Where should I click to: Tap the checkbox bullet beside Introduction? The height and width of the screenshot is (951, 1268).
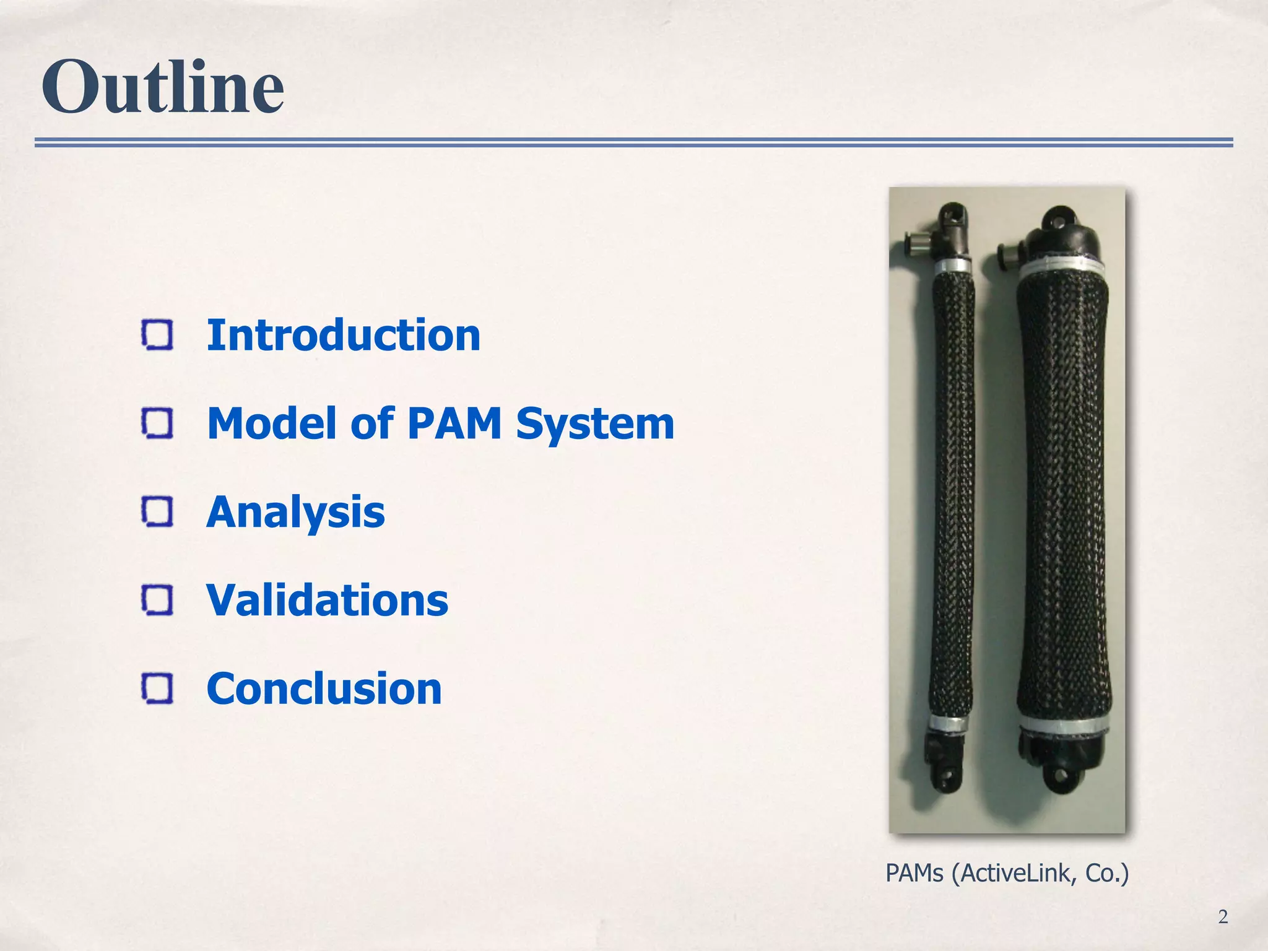tap(157, 335)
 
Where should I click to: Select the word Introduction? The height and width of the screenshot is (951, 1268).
tap(343, 335)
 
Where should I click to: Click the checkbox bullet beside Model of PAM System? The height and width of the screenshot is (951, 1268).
tap(157, 423)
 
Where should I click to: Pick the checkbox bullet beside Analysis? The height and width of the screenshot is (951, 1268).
tap(157, 512)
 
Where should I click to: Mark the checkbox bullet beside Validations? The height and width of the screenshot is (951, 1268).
tap(157, 600)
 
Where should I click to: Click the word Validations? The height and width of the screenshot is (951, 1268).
tap(327, 601)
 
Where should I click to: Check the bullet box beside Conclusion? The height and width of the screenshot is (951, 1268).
tap(157, 688)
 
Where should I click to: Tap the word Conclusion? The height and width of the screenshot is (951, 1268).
tap(324, 688)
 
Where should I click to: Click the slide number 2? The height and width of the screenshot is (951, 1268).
tap(1223, 916)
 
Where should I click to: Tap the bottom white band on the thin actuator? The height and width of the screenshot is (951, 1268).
tap(947, 724)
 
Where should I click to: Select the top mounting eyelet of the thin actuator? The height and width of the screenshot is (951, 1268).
tap(952, 215)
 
